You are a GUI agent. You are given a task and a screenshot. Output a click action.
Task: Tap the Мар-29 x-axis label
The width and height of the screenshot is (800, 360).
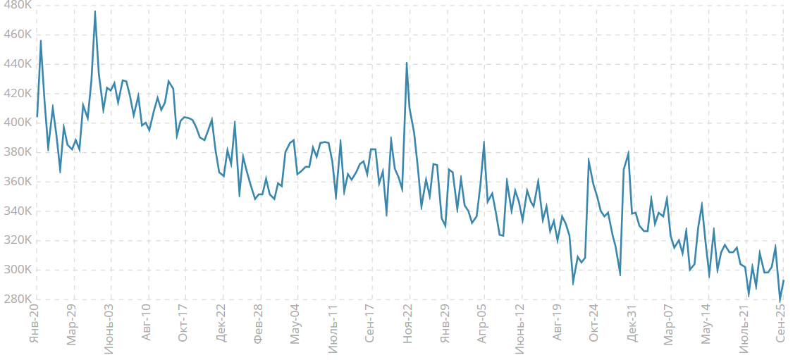point(71,324)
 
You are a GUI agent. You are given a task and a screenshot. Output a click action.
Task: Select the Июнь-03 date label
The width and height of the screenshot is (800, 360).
point(109,328)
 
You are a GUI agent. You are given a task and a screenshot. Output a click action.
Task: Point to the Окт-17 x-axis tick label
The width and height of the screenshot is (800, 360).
point(183,324)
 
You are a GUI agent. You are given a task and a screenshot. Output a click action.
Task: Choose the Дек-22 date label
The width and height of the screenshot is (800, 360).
point(221,324)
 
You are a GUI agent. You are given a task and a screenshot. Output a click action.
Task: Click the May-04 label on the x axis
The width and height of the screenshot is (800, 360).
point(295,324)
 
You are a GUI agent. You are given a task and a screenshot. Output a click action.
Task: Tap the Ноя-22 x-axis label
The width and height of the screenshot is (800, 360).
point(408,324)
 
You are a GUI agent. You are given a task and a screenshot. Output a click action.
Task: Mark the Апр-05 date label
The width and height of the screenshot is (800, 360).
point(483,324)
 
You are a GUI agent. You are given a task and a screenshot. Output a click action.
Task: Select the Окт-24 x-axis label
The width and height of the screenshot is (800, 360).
point(594,324)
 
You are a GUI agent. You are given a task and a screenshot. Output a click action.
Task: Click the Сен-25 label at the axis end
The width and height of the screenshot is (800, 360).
point(781,324)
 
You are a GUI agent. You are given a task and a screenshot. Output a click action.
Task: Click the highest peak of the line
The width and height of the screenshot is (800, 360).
point(95,11)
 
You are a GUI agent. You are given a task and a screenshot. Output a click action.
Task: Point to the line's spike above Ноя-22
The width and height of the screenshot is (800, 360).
point(407,63)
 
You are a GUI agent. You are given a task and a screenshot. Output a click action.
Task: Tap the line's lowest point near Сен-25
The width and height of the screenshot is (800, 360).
point(780,301)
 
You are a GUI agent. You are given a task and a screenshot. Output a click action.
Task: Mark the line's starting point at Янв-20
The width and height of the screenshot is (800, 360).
point(37,117)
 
